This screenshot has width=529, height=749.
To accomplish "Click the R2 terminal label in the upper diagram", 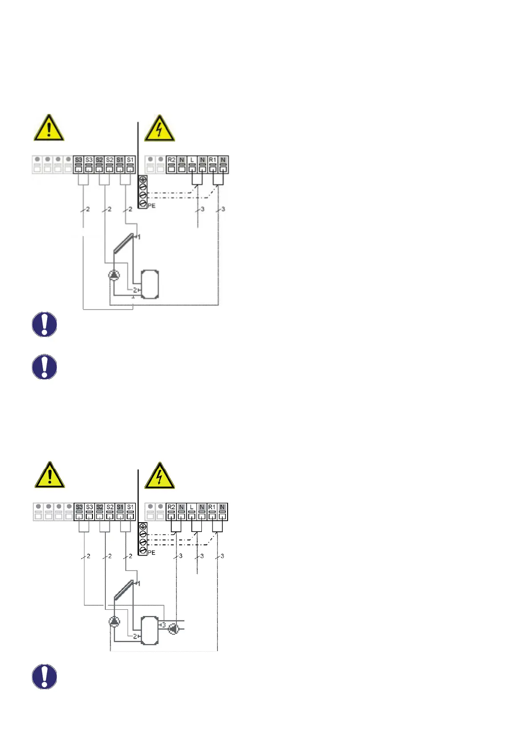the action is click(x=171, y=160).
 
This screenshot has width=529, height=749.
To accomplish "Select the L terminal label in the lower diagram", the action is click(x=192, y=507).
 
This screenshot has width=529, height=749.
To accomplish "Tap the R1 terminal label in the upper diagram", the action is click(x=212, y=160).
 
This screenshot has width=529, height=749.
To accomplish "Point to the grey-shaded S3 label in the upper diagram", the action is click(x=79, y=160).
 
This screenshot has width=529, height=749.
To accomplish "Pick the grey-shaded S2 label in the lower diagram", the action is click(x=100, y=507).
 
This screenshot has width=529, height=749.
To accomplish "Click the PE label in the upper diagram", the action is click(x=152, y=206).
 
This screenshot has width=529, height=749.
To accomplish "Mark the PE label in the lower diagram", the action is click(x=152, y=552).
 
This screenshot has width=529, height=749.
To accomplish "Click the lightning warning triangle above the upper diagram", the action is click(x=159, y=129).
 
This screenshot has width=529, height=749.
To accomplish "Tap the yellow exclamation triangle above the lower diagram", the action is click(x=50, y=475).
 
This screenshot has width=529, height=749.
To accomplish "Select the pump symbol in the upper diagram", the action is click(x=114, y=275).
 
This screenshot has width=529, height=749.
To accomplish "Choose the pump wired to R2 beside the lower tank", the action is click(x=174, y=629).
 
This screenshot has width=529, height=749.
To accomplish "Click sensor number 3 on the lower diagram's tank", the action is click(x=163, y=625).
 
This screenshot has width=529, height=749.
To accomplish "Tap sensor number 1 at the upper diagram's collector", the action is click(x=139, y=237).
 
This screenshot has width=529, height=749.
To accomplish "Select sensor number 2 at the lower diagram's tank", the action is click(x=135, y=636).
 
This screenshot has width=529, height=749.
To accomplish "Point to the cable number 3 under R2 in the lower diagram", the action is click(x=180, y=556).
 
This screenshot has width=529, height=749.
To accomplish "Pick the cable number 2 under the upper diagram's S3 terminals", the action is click(x=88, y=209).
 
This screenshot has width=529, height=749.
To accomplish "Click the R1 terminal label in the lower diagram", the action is click(x=212, y=507).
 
